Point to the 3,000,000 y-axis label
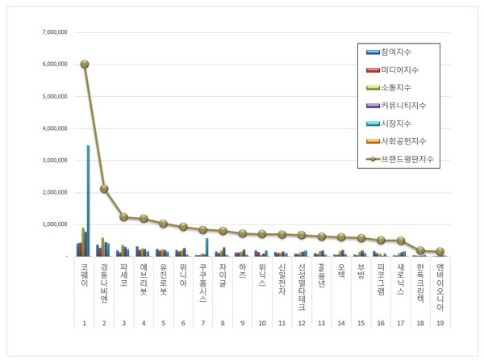click(x=52, y=160)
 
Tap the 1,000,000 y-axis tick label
click(x=52, y=224)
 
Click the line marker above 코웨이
click(x=84, y=64)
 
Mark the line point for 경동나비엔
click(x=104, y=189)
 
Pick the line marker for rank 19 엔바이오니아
click(x=440, y=252)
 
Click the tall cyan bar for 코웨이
click(x=88, y=200)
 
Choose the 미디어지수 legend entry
click(x=399, y=70)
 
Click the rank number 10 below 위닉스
click(x=262, y=322)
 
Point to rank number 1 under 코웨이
click(x=84, y=322)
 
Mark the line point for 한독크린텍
click(x=420, y=250)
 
